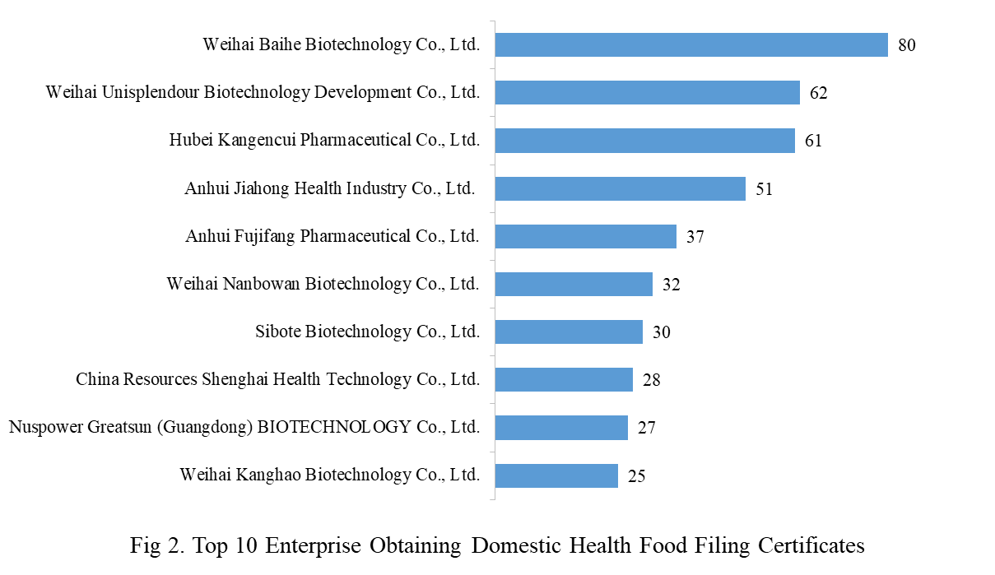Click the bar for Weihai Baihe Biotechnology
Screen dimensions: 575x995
(691, 44)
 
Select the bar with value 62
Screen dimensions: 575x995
(647, 92)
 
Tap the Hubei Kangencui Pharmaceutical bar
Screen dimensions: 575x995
(644, 140)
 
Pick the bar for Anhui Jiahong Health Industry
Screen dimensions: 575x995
(620, 188)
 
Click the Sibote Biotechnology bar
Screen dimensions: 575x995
(569, 332)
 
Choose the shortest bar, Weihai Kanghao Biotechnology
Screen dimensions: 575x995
(556, 475)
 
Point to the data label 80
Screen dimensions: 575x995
(906, 45)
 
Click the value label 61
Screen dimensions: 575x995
(813, 141)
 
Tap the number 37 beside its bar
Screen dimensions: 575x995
(695, 237)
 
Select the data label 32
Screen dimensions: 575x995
(671, 285)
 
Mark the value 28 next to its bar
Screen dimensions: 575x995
(651, 380)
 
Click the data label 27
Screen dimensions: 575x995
(646, 428)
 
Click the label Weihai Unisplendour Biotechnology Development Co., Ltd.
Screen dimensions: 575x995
(263, 92)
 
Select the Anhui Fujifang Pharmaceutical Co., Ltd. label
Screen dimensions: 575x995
(332, 237)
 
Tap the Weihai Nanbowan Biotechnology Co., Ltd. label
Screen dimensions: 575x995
(323, 285)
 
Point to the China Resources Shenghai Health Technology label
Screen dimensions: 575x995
(277, 380)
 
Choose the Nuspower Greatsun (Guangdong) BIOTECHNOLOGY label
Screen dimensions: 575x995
(244, 428)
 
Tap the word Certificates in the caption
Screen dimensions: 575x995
(811, 545)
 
